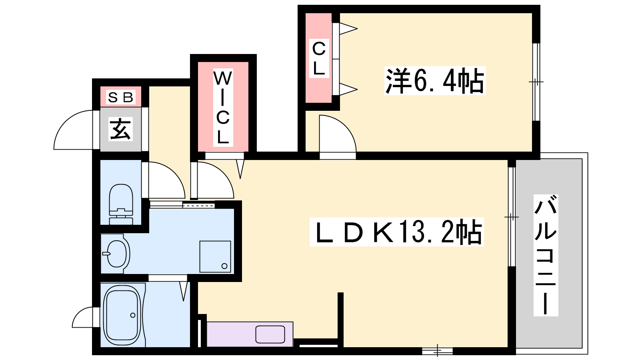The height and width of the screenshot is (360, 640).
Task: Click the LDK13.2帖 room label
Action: (396, 232)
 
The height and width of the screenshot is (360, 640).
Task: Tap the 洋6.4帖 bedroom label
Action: (435, 80)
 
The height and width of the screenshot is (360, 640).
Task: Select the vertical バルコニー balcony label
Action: (546, 255)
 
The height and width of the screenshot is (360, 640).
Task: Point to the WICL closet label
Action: (223, 108)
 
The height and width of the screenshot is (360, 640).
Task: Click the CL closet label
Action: (319, 58)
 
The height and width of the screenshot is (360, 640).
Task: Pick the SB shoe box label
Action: (120, 98)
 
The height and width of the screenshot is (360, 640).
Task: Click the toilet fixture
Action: (121, 204)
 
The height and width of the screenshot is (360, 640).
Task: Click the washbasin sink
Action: (116, 254)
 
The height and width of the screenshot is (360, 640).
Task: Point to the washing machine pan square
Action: (215, 256)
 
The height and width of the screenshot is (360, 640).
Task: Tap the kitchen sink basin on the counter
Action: (270, 334)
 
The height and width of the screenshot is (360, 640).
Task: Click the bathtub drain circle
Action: (132, 315)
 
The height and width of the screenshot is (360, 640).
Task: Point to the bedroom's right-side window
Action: (536, 82)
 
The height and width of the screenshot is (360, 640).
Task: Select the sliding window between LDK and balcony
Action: (512, 217)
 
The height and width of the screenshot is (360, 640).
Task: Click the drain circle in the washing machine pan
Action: (224, 266)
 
